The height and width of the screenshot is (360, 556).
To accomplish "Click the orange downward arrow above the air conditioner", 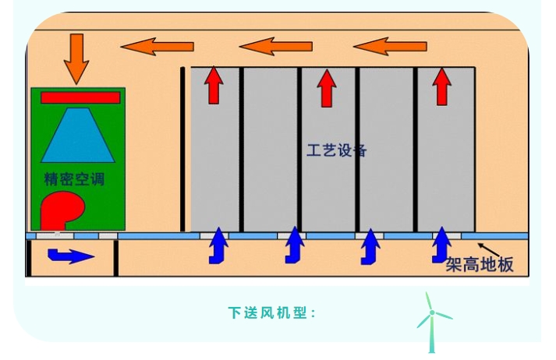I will [x=76, y=57].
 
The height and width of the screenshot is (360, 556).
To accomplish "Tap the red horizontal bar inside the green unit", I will [x=80, y=97].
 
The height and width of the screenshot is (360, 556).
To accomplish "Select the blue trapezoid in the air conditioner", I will [x=78, y=136].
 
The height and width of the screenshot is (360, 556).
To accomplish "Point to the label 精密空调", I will [x=74, y=179].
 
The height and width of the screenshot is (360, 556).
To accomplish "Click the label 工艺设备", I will [x=336, y=150].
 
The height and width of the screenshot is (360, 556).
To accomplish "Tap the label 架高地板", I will [x=480, y=265].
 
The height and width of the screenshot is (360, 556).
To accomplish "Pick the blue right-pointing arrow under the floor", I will [x=70, y=255].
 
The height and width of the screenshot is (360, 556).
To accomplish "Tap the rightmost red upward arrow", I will [x=442, y=86].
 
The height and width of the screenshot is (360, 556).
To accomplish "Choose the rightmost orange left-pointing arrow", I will [x=391, y=46].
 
